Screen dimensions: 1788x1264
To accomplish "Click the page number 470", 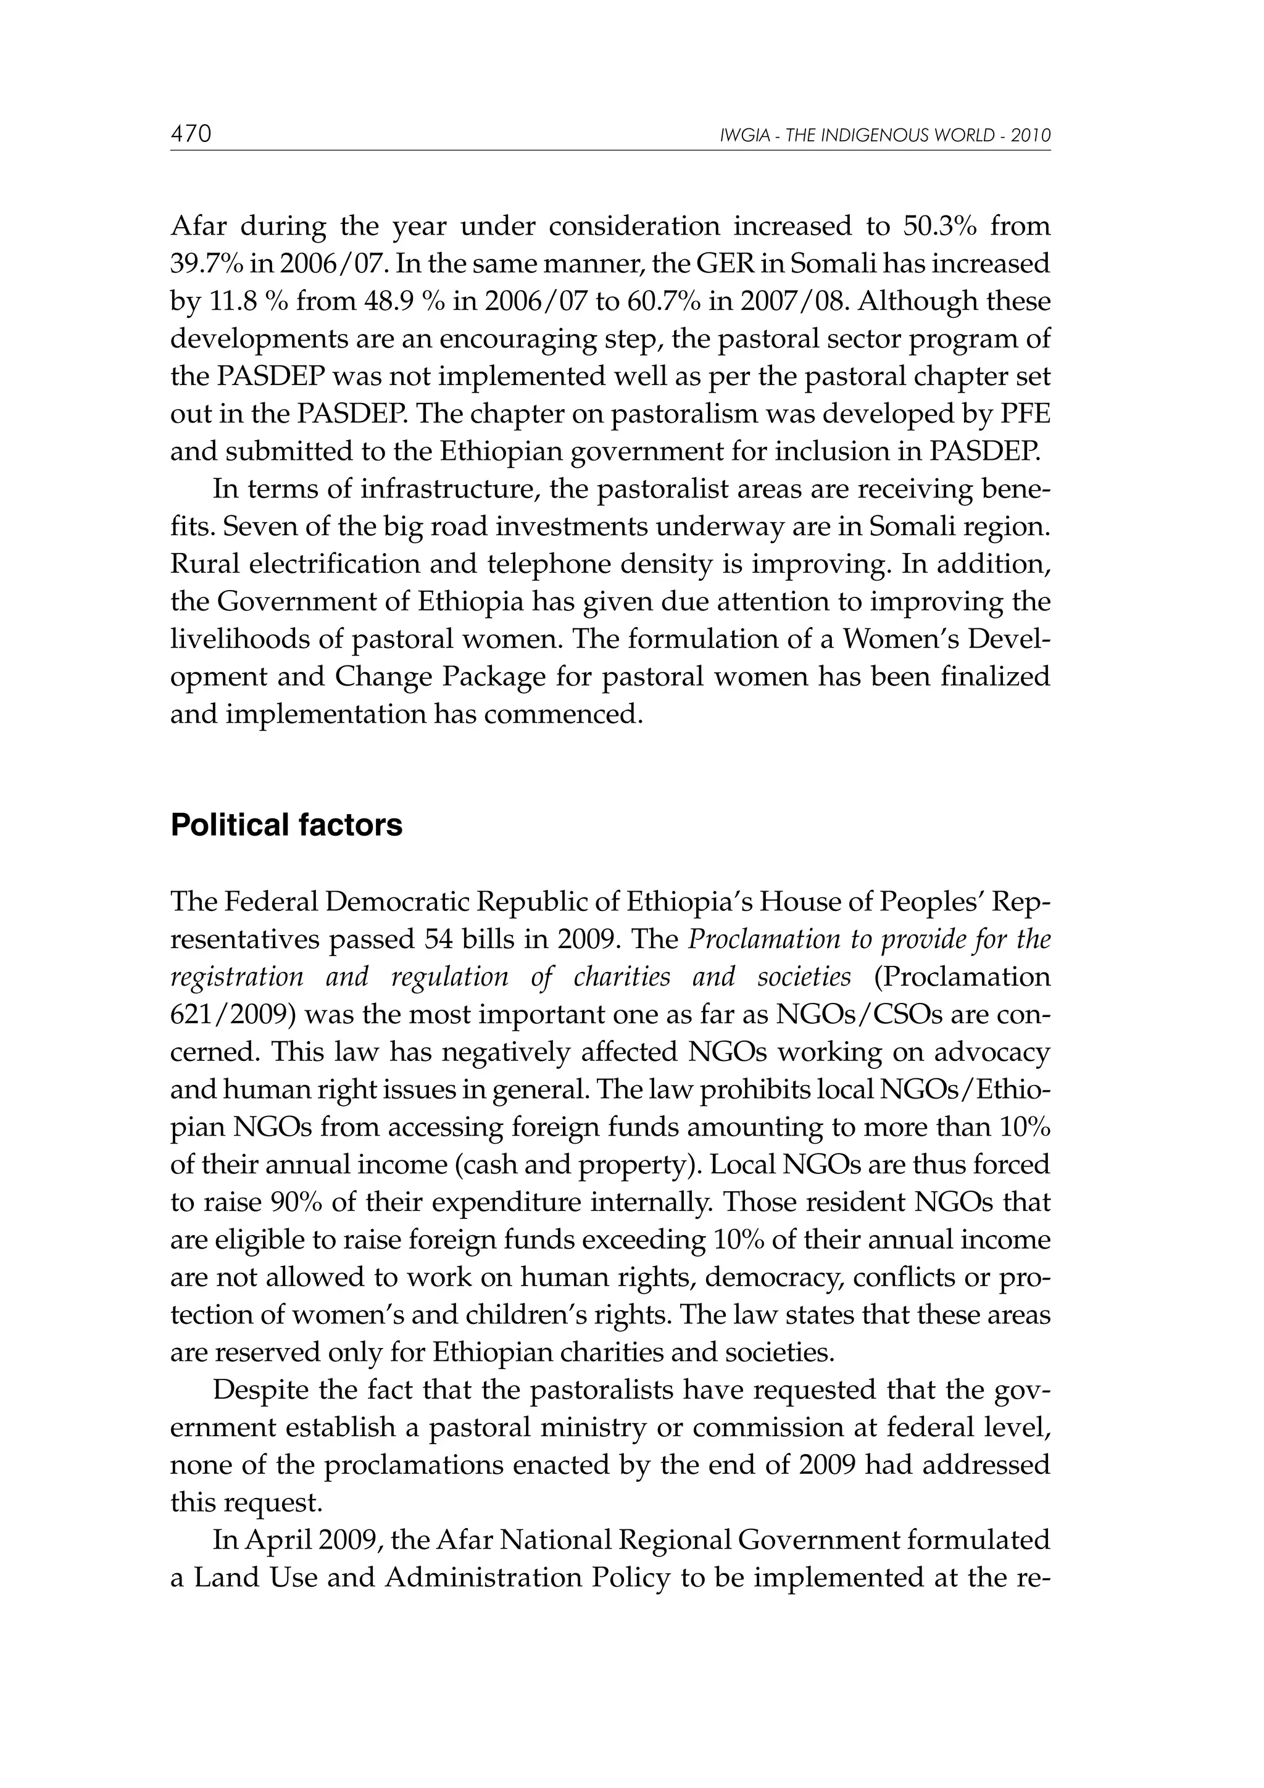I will tap(191, 135).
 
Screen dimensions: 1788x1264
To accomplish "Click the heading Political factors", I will tap(286, 825).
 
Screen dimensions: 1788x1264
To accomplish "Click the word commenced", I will tap(563, 714).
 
